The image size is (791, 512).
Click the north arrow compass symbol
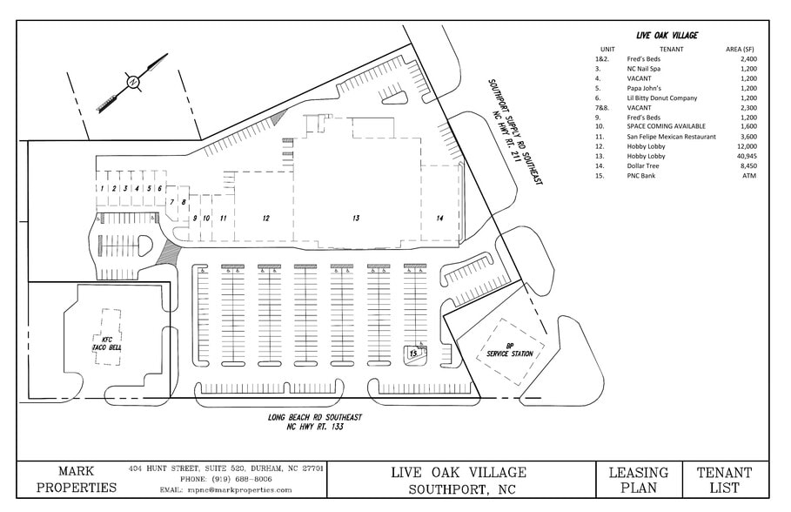coord(132,82)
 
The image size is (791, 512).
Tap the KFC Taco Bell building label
coord(104,342)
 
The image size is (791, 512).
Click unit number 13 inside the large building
coord(355,219)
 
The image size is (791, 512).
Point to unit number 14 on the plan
coord(440,218)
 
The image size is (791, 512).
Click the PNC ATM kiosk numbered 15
coord(414,354)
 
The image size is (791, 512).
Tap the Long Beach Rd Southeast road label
coord(315,422)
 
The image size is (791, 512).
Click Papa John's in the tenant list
coord(644,88)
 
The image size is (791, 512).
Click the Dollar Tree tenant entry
coord(645,165)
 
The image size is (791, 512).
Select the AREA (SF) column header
coord(741,50)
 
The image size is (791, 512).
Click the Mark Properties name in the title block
coord(76,480)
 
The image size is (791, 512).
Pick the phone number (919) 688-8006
coord(225,479)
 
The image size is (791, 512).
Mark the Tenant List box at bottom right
coord(724,480)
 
